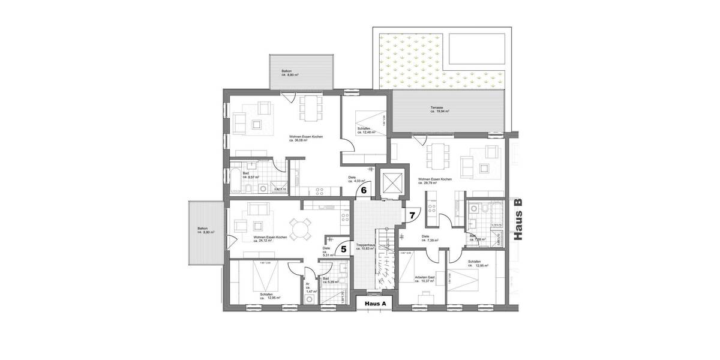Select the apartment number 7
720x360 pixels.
point(412,214)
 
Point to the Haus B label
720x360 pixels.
point(519,219)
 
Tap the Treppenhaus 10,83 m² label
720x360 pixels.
point(365,247)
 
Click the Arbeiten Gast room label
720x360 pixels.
point(425,278)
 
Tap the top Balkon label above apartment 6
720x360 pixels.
point(290,73)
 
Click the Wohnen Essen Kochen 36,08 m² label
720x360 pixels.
point(305,139)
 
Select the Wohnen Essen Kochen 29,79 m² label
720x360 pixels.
point(435,181)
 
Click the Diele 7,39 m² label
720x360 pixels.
point(430,238)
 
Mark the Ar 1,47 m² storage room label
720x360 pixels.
point(308,288)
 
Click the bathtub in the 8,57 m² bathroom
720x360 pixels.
point(237,176)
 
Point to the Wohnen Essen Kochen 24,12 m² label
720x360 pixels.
point(270,239)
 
